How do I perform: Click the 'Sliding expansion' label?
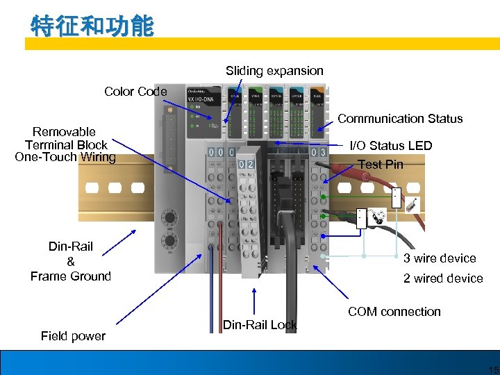pos(274,71)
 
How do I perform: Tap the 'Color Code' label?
pos(135,92)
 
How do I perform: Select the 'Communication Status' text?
pos(400,119)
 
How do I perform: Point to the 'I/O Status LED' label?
pos(391,146)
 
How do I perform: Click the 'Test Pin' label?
pos(380,165)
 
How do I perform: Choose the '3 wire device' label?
pos(440,258)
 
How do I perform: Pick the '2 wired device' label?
pos(443,278)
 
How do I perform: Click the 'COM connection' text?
pos(394,312)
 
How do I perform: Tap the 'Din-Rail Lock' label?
pos(260,325)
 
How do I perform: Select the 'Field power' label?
pos(73,336)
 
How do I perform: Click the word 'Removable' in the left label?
pos(64,132)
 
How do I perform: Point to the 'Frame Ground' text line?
pos(71,276)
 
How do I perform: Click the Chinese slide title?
pos(92,27)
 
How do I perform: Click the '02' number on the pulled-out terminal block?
pos(245,164)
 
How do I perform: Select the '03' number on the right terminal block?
pos(319,151)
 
